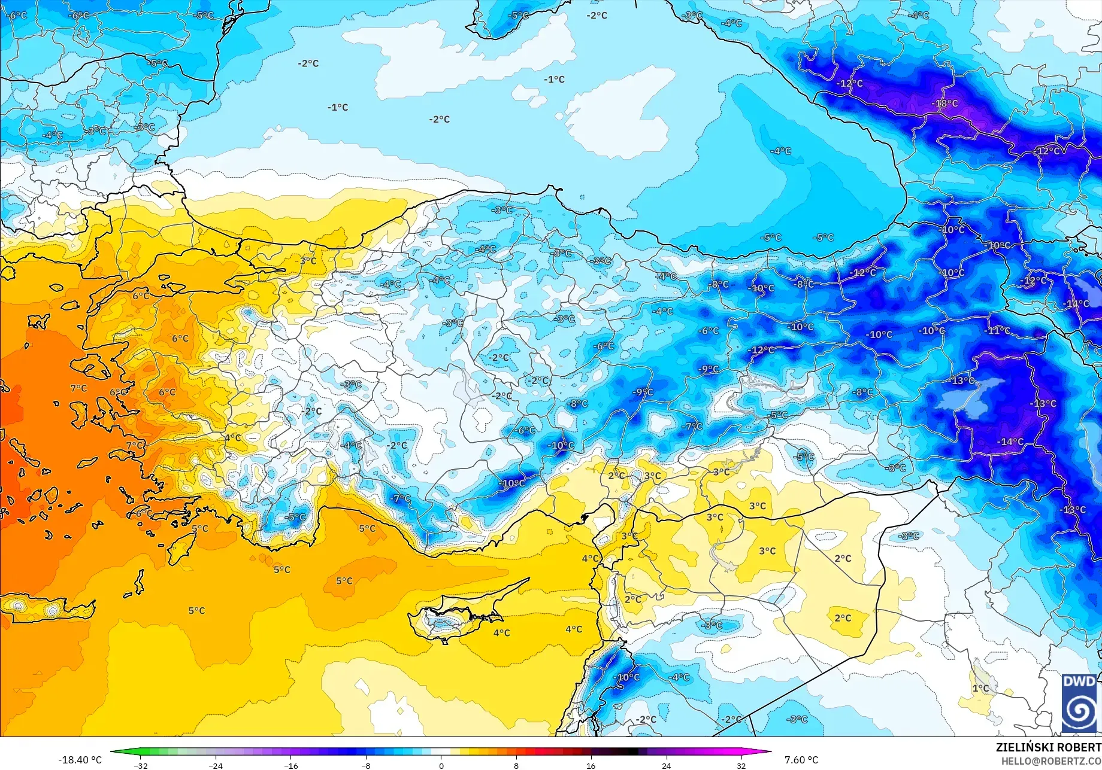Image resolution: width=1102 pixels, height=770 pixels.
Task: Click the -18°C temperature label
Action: coord(944,104)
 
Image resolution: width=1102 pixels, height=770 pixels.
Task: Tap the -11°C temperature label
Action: coord(997,330)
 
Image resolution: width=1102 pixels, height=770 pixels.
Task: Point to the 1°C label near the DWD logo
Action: coord(980,689)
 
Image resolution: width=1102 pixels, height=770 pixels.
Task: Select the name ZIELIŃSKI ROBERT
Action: coord(1048,747)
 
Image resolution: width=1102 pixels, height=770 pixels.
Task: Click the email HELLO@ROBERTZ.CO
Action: coord(1051,761)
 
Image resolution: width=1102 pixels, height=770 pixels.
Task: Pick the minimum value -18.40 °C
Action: coord(80,760)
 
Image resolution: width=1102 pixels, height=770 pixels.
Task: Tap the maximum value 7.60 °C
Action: coord(801,760)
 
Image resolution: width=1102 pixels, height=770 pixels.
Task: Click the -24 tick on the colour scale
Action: coord(216,765)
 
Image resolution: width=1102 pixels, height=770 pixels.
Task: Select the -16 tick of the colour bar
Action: coord(290,765)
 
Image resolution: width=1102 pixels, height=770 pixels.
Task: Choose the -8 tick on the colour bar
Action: coord(366,765)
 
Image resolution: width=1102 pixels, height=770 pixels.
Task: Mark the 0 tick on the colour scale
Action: coord(441,765)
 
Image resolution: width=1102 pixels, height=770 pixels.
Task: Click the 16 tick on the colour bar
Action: coord(591,765)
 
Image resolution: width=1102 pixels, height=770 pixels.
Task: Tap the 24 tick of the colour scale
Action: coord(666,765)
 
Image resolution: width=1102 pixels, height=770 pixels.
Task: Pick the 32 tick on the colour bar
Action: coord(741,765)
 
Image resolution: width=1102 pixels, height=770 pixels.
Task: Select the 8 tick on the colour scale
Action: coord(516,765)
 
